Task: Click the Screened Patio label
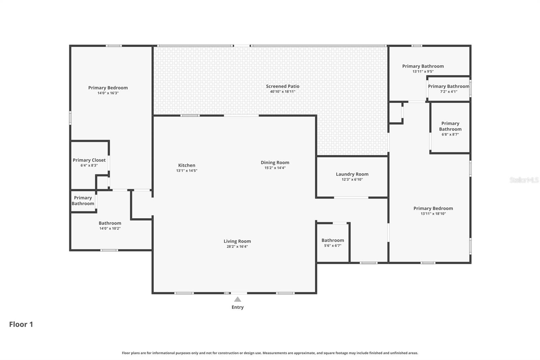[x=282, y=86]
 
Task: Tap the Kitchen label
[x=187, y=165]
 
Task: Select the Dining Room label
[x=275, y=162]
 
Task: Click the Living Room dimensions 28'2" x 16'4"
[x=237, y=247]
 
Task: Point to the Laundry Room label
[x=352, y=174]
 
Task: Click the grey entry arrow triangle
[x=238, y=299]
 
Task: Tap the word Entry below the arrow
[x=238, y=307]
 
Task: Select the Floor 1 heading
[x=21, y=324]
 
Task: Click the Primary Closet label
[x=89, y=160]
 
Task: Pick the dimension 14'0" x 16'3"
[x=108, y=93]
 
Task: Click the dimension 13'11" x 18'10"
[x=433, y=213]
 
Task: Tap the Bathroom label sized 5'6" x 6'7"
[x=332, y=240]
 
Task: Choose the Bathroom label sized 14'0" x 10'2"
[x=110, y=223]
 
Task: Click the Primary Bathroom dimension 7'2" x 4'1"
[x=449, y=92]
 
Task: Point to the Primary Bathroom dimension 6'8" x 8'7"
[x=450, y=134]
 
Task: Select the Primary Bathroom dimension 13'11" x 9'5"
[x=423, y=71]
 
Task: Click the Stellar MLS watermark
[x=524, y=180]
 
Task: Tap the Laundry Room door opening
[x=351, y=198]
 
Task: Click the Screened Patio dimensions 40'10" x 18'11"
[x=282, y=92]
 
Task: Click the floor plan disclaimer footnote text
[x=270, y=353]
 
